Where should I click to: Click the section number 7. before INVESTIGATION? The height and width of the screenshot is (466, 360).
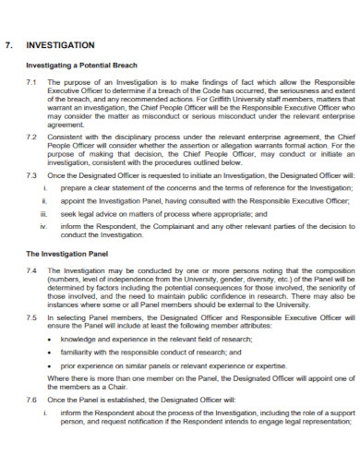click(11, 44)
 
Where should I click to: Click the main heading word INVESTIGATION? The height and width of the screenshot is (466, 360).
click(61, 44)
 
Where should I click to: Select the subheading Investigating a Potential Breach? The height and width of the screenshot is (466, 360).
click(82, 66)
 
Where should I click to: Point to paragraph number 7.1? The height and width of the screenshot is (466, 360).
click(31, 83)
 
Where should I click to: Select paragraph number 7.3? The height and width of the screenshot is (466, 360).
click(31, 174)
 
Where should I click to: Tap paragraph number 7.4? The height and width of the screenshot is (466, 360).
click(31, 270)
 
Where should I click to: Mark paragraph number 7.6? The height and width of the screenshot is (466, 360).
click(31, 400)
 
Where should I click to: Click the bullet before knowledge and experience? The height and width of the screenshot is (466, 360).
click(49, 340)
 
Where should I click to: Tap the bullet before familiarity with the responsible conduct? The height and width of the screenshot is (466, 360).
click(49, 352)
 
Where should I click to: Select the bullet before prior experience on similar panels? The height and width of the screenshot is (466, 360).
click(49, 365)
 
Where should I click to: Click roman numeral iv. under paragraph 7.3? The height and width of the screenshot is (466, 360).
click(43, 225)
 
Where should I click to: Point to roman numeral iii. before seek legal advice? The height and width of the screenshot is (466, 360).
click(43, 212)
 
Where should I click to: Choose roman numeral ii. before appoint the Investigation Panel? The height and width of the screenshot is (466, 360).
click(44, 199)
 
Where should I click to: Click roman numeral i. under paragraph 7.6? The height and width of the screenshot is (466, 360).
click(44, 413)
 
